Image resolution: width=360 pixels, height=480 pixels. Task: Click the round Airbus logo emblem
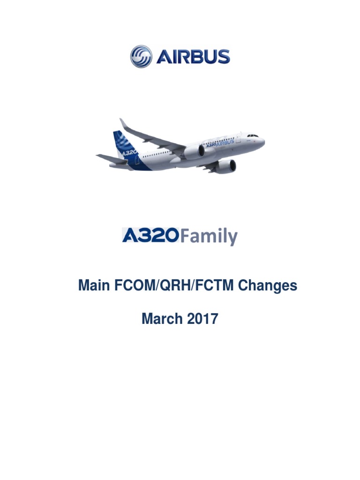[141, 57]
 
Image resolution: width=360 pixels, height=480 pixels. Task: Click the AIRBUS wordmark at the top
[193, 57]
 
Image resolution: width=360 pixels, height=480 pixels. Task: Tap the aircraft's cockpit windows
[253, 135]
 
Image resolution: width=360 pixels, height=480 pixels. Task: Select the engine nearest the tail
[194, 151]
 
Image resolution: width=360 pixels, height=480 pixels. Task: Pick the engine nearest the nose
[225, 165]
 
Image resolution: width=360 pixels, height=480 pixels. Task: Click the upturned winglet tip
[123, 123]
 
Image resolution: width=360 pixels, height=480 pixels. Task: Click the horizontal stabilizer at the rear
[111, 159]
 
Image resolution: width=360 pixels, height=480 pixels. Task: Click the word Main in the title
[94, 285]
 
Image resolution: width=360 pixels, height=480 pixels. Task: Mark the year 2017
[202, 319]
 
